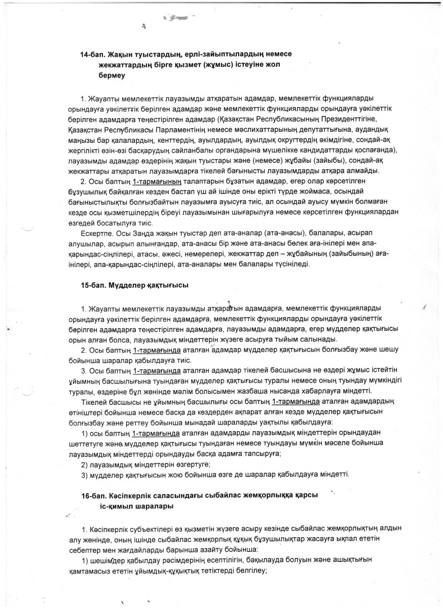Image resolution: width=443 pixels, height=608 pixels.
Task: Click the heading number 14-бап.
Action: coord(92,54)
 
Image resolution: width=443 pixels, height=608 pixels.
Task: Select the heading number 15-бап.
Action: coord(92,286)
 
